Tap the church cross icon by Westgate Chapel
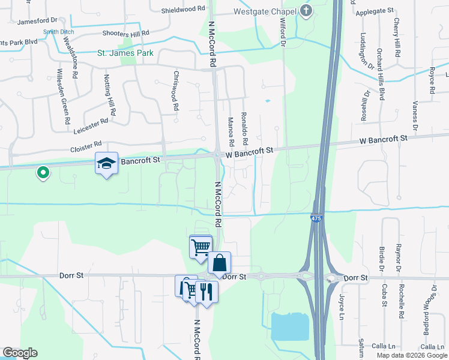(306, 11)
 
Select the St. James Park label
(125, 53)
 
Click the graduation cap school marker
(106, 163)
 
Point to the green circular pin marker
(43, 173)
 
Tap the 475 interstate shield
(316, 219)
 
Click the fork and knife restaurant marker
(206, 292)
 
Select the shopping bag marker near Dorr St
(219, 262)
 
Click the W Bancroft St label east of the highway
(383, 139)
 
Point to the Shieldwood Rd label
(183, 10)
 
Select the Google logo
(20, 353)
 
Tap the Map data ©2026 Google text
(411, 355)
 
